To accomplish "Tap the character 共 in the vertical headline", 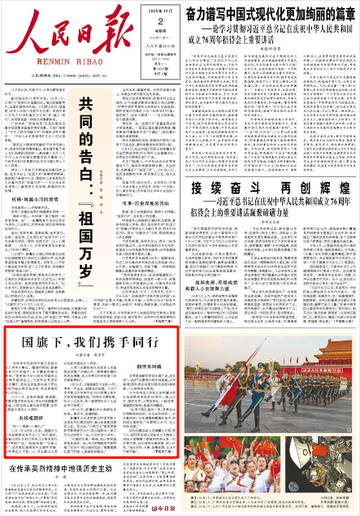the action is pos(85,105).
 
